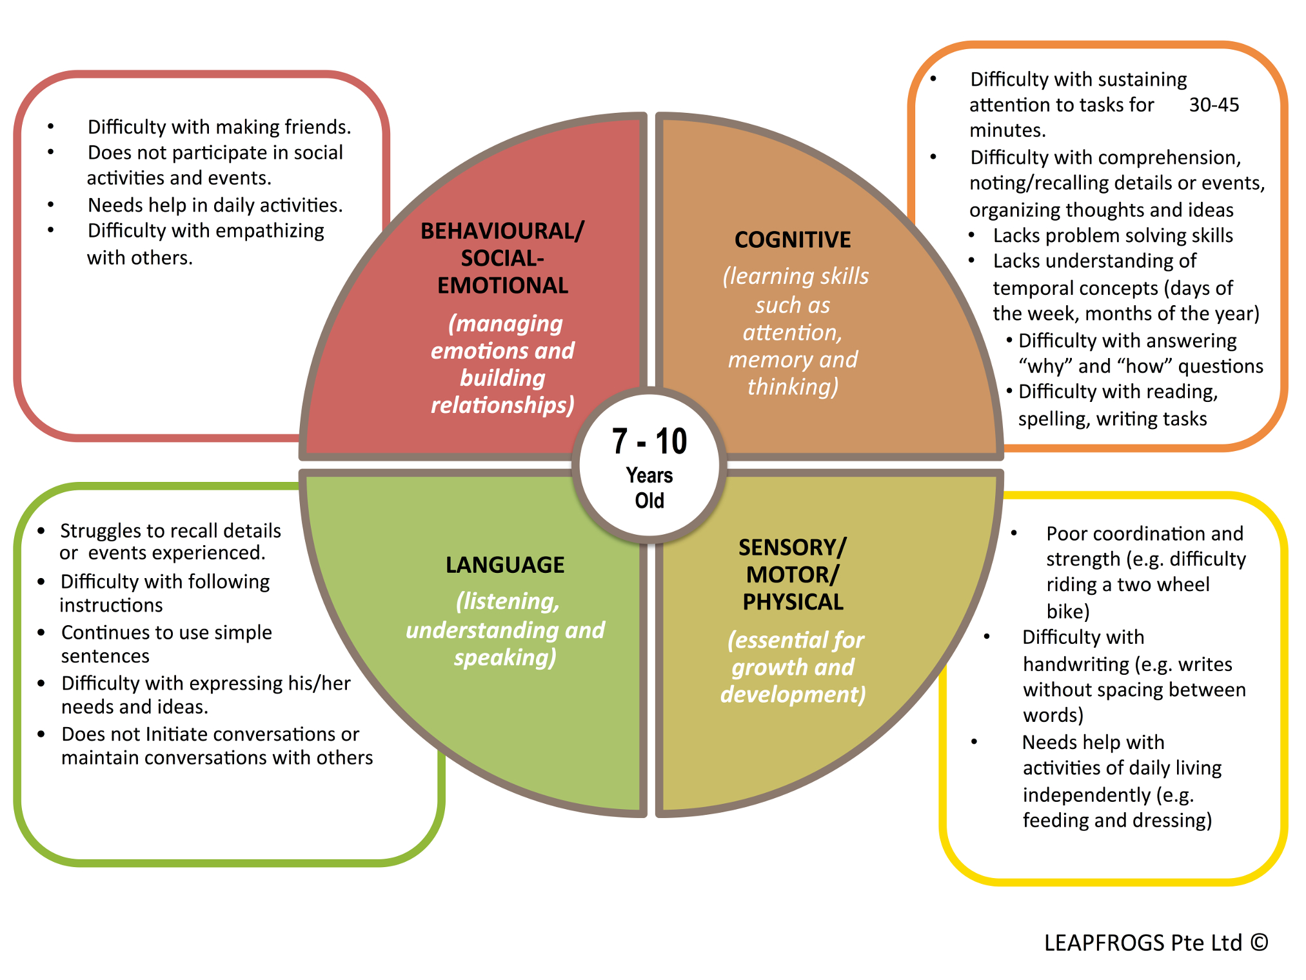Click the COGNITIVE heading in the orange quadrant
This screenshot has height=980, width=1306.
[793, 240]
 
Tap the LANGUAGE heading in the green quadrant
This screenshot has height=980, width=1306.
[505, 565]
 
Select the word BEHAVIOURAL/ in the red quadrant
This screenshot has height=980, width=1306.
[502, 231]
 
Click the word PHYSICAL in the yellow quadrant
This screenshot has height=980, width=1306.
[793, 602]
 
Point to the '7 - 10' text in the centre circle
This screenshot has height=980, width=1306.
[649, 442]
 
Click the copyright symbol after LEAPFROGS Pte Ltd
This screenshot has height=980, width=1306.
[1259, 943]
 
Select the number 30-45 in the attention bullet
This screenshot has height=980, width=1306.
[1214, 105]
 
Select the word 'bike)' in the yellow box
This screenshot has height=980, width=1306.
[1067, 611]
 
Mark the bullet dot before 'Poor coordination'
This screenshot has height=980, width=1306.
[1014, 533]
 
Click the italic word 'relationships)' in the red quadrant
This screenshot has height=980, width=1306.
[502, 405]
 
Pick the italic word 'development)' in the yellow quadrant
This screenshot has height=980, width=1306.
[793, 694]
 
